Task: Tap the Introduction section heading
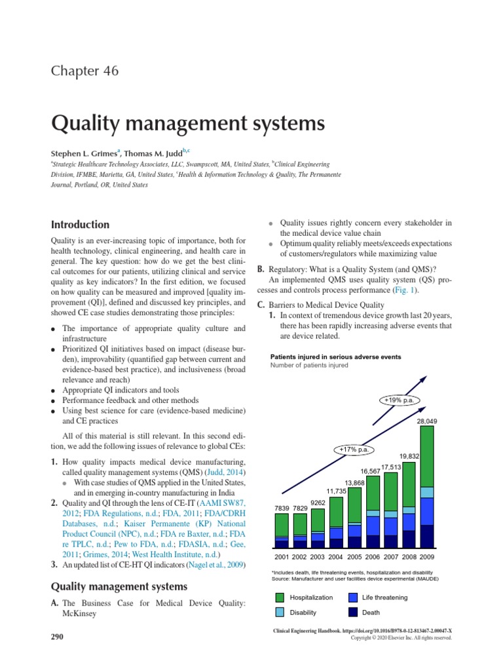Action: click(x=80, y=224)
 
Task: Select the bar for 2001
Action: click(x=282, y=530)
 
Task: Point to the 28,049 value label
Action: click(x=426, y=421)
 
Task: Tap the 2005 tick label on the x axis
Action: click(x=354, y=558)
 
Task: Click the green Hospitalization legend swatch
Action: click(x=280, y=598)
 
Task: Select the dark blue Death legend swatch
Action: click(x=353, y=612)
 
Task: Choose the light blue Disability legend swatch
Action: click(x=280, y=612)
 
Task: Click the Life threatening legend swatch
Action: click(x=353, y=598)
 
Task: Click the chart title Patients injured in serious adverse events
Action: click(x=336, y=357)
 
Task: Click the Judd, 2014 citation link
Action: click(x=226, y=472)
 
